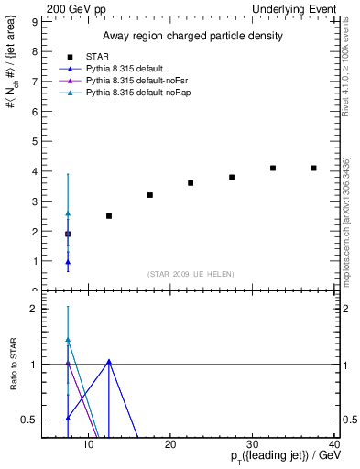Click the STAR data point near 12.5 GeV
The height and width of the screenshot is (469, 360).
109,216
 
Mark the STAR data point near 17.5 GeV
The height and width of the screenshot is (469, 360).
150,195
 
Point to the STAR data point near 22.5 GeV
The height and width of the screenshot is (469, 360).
191,183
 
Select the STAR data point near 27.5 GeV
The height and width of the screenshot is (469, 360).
232,177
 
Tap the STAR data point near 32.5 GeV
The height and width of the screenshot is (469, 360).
273,168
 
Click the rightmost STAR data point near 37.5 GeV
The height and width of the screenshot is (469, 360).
314,168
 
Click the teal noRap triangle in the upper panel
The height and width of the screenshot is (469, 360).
68,213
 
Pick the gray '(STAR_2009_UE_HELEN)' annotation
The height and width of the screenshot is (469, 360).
190,274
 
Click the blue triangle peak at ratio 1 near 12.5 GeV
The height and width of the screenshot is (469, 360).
109,362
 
